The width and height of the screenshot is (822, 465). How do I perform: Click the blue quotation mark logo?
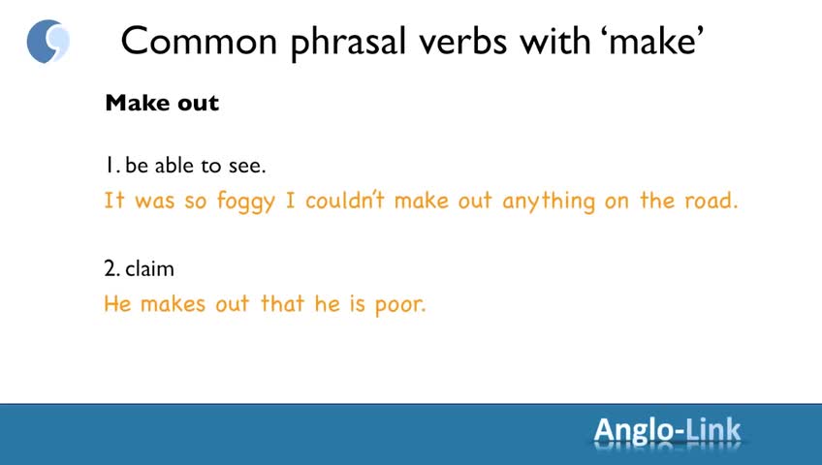[x=47, y=42]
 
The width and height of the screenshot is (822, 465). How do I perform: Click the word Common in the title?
[x=199, y=41]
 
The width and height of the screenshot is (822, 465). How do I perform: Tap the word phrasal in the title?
[x=349, y=43]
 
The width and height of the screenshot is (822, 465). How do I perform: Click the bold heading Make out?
[x=162, y=103]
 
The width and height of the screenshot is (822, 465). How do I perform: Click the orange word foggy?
[x=246, y=202]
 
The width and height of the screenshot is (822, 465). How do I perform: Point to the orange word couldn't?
[x=345, y=201]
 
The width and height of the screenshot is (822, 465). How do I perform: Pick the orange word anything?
[x=549, y=202]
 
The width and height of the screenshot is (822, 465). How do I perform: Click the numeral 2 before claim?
[x=111, y=268]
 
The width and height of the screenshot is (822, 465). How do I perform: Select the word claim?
[x=150, y=268]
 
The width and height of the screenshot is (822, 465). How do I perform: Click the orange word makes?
[x=173, y=304]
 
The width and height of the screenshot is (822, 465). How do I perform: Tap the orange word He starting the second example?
[x=117, y=304]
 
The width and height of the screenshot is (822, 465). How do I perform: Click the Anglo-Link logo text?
[x=667, y=431]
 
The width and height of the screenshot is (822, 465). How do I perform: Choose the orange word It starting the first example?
[x=113, y=201]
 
